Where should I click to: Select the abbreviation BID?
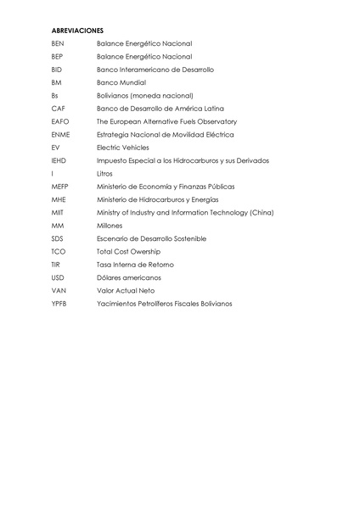56,70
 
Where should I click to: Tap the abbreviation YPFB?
59,303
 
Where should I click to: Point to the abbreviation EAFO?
59,121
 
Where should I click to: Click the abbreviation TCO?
58,251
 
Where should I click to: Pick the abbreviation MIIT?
57,212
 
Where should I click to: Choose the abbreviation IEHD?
59,160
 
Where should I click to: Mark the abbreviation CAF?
58,109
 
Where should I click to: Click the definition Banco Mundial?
121,82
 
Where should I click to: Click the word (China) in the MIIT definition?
257,212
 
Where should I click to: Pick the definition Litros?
104,173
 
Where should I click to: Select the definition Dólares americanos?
129,277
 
